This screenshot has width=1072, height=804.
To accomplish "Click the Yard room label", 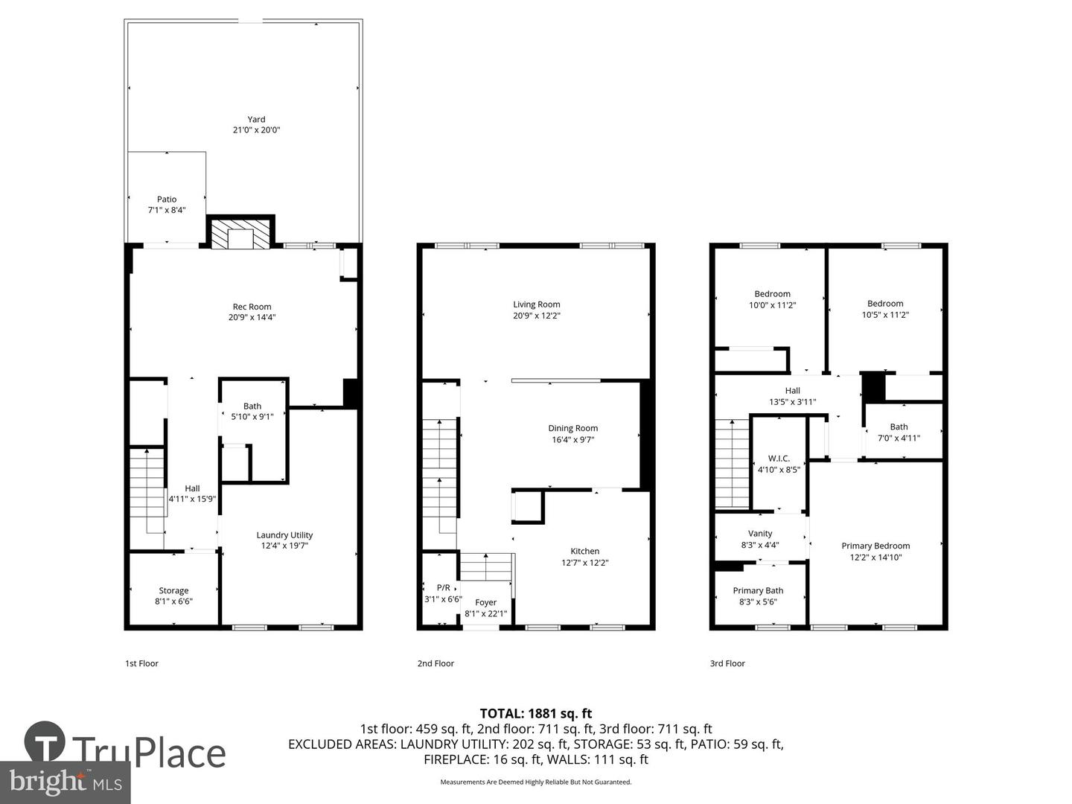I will click(x=256, y=119).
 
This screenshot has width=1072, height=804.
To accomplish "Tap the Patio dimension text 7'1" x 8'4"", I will click(x=167, y=210).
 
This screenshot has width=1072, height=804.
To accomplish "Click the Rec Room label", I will click(x=252, y=307).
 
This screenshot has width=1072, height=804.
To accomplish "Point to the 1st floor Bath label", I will click(x=252, y=406).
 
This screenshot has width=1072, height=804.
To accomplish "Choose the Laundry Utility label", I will click(x=284, y=535).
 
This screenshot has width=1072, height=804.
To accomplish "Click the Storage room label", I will click(x=173, y=590).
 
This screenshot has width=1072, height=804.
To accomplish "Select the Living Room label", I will click(x=536, y=304).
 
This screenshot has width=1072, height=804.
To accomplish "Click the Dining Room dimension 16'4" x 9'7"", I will click(x=572, y=439).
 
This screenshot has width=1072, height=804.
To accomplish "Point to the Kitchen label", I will click(x=584, y=551).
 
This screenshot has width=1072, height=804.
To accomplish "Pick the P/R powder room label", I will click(x=443, y=587).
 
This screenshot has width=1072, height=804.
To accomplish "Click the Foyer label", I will click(x=485, y=602).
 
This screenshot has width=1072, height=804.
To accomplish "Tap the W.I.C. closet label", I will click(x=779, y=459).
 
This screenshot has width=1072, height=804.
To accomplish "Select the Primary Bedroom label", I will click(x=875, y=546).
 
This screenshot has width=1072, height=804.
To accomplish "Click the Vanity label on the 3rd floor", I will click(x=760, y=533).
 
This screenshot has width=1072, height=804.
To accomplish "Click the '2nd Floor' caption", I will click(x=435, y=663).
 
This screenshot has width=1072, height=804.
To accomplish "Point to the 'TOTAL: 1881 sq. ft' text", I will click(x=536, y=713).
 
